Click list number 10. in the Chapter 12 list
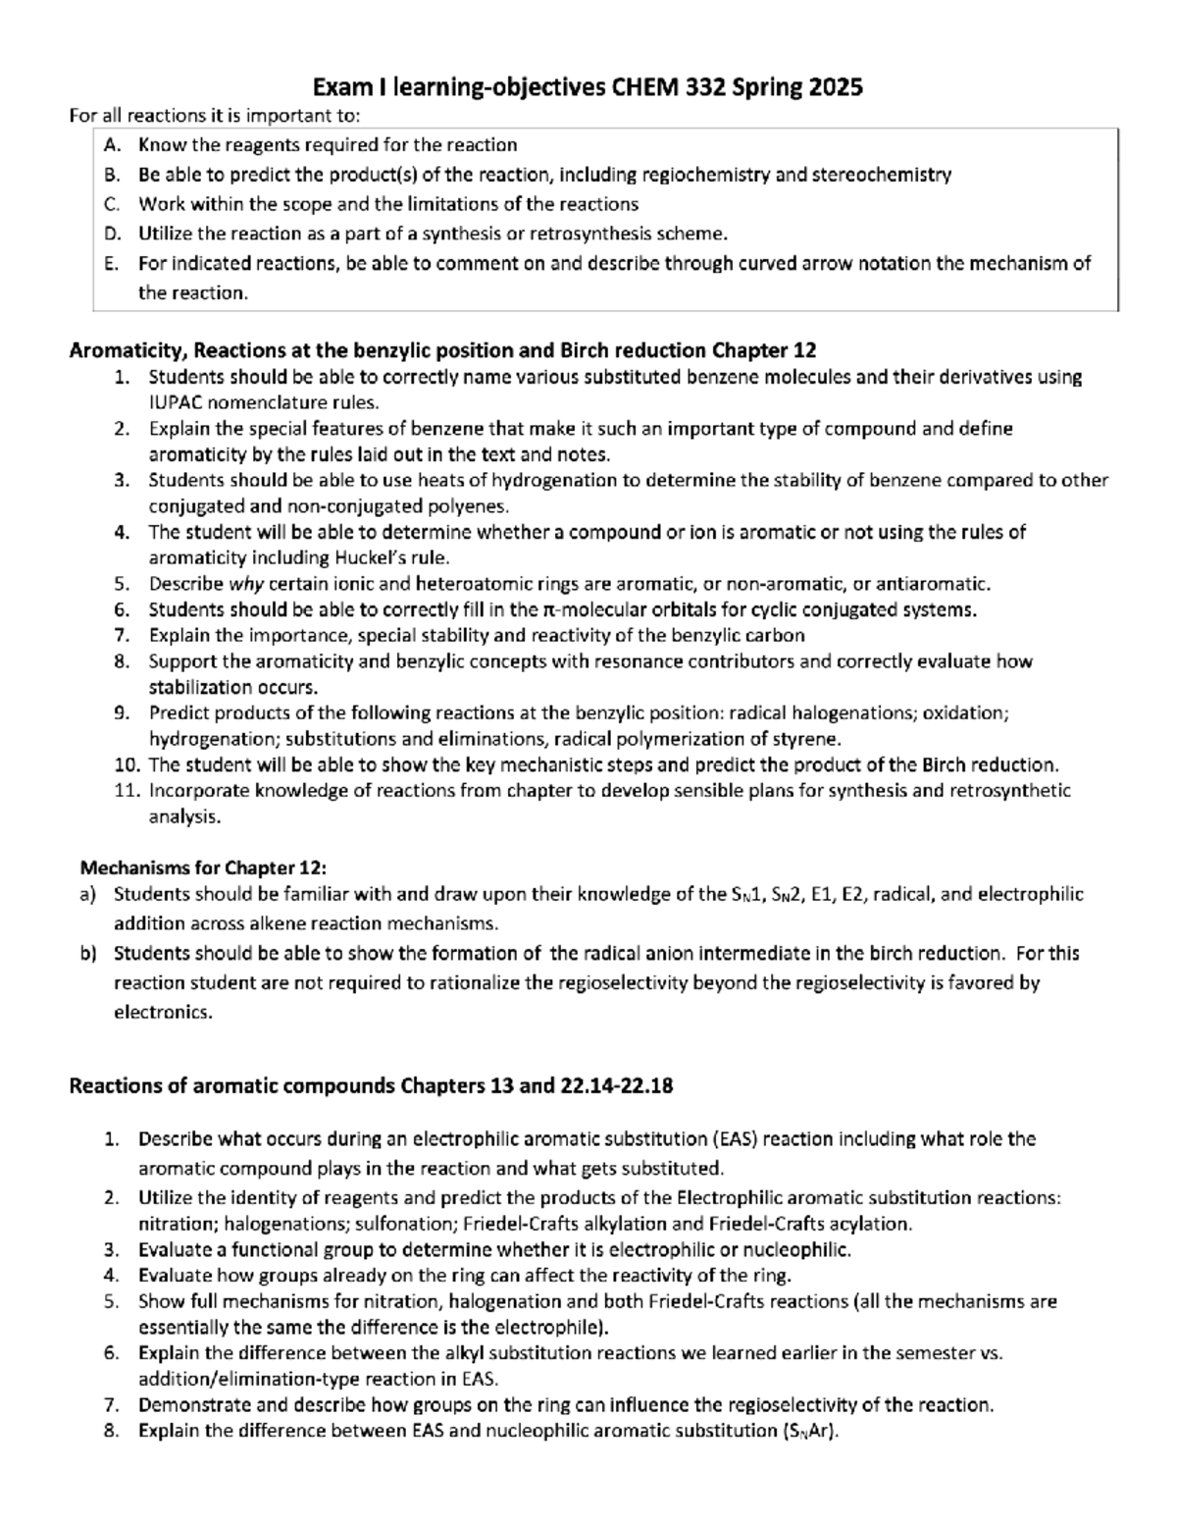[x=128, y=764]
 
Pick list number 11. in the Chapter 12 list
[x=128, y=791]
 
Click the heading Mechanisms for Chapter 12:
[x=203, y=867]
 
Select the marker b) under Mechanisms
[x=88, y=953]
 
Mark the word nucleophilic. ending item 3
[x=797, y=1249]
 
